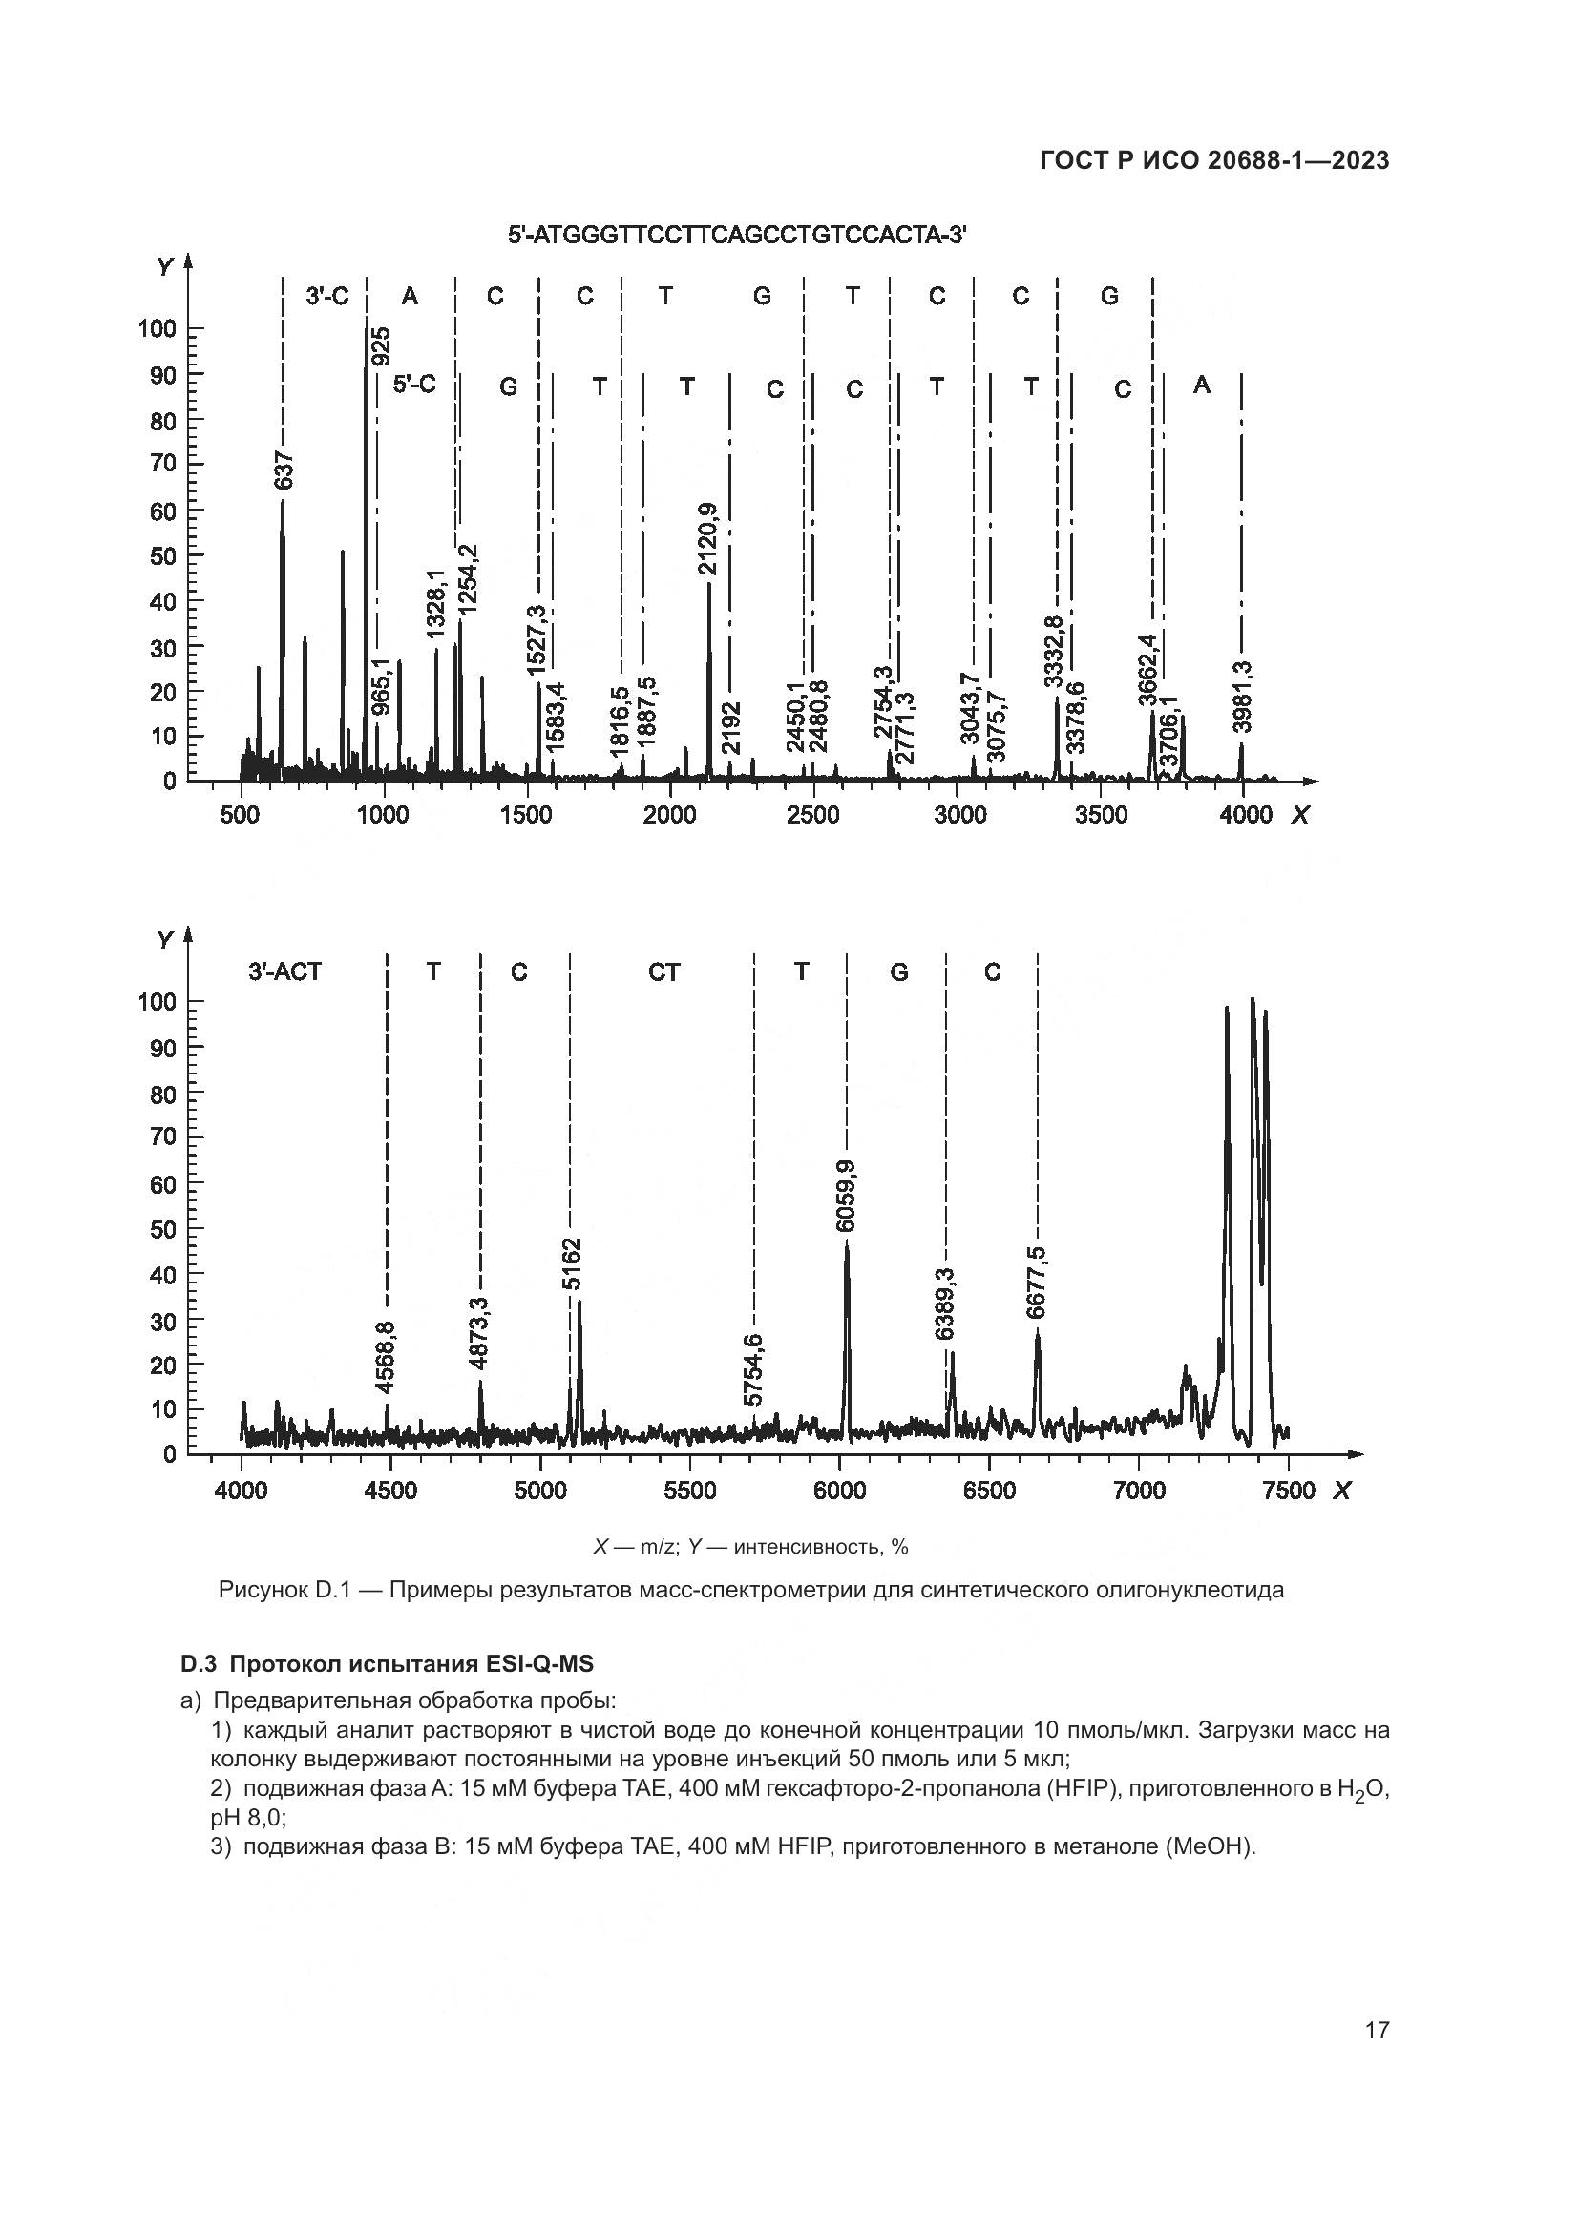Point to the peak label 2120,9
pos(707,538)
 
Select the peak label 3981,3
pos(1242,696)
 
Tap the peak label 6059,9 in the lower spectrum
pos(846,1196)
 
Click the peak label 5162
pos(573,1263)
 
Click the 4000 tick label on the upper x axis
pos(1245,815)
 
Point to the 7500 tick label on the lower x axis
pos(1288,1491)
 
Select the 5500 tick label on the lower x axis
pos(689,1491)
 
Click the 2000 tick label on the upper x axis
pos(670,815)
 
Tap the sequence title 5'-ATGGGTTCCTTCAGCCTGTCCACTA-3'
pos(737,236)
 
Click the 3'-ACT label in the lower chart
pos(284,971)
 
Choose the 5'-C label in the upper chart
pos(414,385)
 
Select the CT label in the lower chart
pos(664,971)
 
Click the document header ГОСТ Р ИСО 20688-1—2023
pos(1214,160)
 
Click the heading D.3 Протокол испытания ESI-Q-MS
pos(387,1663)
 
